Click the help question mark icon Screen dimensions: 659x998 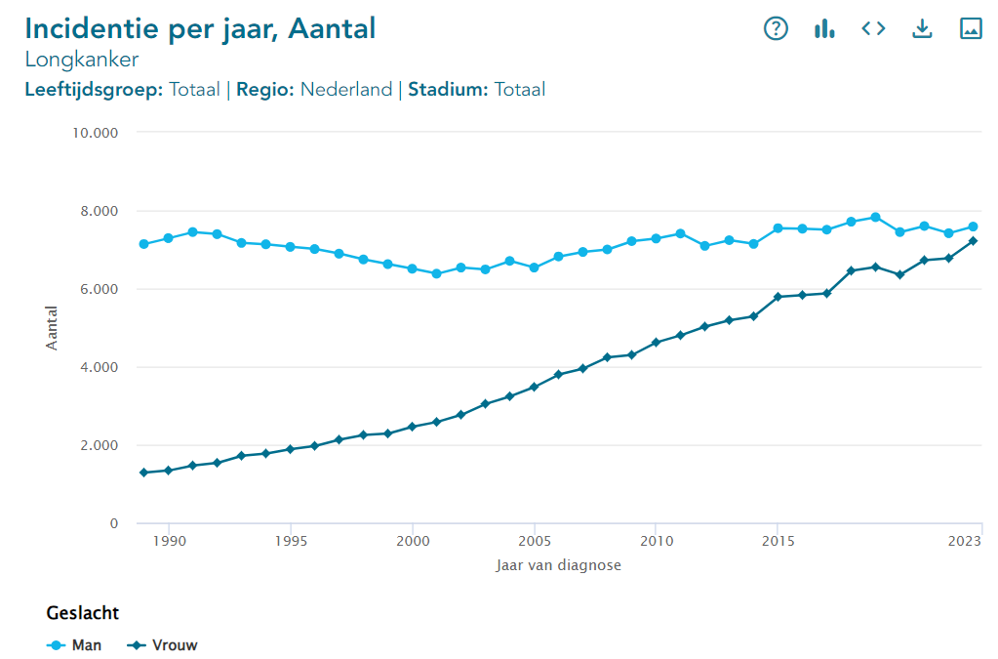click(x=776, y=28)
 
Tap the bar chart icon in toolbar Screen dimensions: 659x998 click(x=824, y=28)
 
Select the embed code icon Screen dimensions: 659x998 click(x=873, y=28)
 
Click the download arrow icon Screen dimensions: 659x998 click(x=922, y=28)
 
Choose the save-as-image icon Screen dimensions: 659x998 click(x=971, y=28)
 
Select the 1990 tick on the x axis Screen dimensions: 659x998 click(x=169, y=540)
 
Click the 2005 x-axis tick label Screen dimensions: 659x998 click(x=534, y=540)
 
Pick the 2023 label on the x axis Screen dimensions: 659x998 click(x=965, y=540)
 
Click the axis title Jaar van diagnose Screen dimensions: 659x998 click(x=558, y=565)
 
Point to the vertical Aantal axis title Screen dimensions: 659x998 click(x=53, y=329)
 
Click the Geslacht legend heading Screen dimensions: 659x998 click(x=83, y=613)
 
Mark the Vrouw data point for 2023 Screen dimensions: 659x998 click(x=973, y=241)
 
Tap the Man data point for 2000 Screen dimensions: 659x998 click(x=412, y=268)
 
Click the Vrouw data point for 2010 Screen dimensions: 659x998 click(x=656, y=343)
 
